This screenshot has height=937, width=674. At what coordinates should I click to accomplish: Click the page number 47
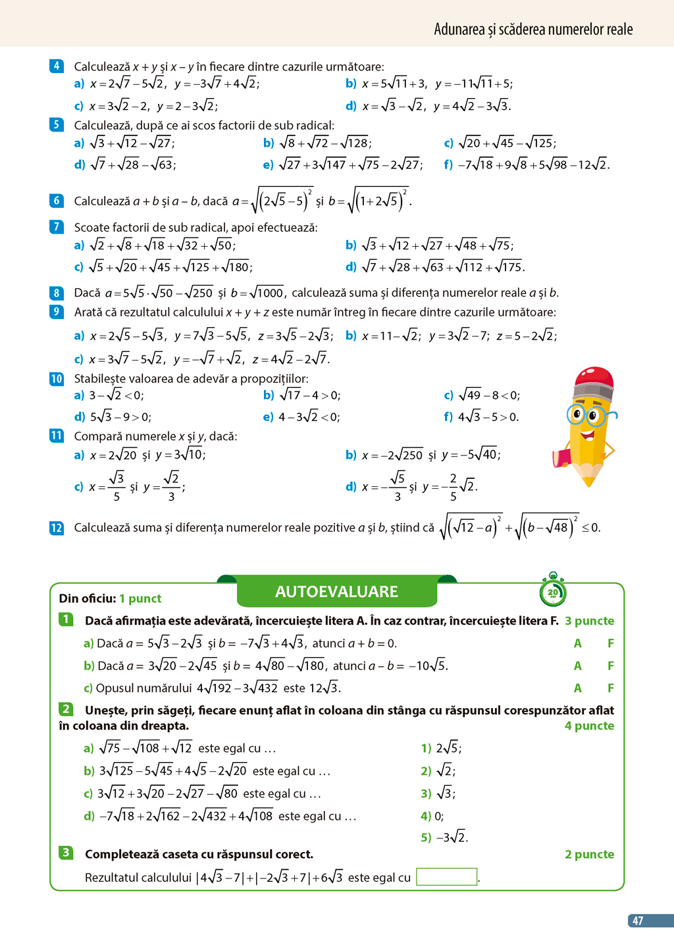point(637,921)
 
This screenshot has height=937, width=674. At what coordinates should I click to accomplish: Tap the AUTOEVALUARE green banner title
point(336,592)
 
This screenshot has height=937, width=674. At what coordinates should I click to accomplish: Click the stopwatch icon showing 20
point(553,591)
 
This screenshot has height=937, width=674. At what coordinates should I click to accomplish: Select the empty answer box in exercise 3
point(446,876)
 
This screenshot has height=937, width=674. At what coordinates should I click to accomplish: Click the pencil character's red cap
point(594,380)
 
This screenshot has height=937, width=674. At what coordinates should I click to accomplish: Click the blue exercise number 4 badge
point(57,66)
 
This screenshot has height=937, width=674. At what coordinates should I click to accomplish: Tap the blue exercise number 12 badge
point(57,528)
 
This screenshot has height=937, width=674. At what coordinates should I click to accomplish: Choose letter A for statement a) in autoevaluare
point(578,644)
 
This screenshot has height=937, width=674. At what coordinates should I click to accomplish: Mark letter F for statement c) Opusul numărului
point(611,688)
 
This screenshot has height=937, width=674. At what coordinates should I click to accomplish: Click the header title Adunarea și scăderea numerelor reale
point(533,29)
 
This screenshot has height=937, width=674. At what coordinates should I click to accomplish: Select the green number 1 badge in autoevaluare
point(66,620)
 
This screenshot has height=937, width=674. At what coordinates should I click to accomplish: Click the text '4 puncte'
point(589,726)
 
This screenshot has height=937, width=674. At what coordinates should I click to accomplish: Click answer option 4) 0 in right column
point(432,816)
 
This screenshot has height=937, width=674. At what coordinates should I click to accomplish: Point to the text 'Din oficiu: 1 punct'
point(110,599)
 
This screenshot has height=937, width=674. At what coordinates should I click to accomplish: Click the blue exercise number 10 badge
point(57,379)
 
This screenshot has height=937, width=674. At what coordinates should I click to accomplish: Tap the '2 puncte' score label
point(589,854)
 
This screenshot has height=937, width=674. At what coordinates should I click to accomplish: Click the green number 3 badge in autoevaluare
point(66,853)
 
